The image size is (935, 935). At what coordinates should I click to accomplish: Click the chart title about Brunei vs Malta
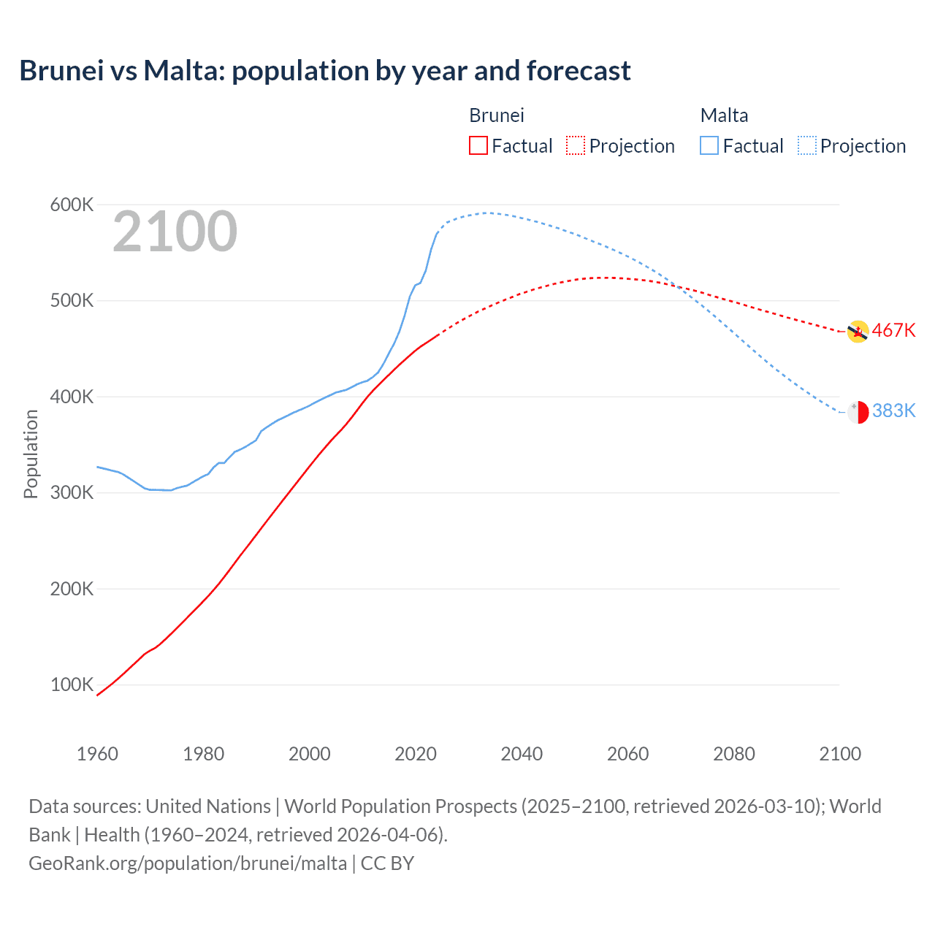(x=325, y=71)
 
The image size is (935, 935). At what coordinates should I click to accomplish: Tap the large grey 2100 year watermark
(x=175, y=232)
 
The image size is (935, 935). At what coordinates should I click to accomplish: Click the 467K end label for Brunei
(x=893, y=330)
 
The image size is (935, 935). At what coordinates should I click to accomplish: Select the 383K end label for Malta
(x=893, y=411)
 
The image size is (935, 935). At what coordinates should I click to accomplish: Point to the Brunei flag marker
(x=858, y=332)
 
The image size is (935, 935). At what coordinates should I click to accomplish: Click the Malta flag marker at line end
(x=858, y=412)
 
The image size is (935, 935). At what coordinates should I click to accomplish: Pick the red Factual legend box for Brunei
(x=478, y=145)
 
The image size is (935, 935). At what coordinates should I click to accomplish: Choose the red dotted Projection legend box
(x=576, y=145)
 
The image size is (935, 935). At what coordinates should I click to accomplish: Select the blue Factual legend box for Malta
(x=709, y=145)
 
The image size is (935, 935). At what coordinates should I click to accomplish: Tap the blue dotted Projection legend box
(x=807, y=145)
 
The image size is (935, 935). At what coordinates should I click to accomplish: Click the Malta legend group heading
(x=724, y=115)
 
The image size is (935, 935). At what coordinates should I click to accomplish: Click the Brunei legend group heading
(x=497, y=115)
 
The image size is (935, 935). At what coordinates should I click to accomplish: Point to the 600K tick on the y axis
(x=72, y=205)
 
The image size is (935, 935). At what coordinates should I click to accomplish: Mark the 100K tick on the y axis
(x=72, y=684)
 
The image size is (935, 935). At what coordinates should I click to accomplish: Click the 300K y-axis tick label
(x=72, y=492)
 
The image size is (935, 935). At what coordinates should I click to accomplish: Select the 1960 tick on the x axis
(x=97, y=754)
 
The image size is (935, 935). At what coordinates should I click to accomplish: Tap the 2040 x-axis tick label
(x=522, y=754)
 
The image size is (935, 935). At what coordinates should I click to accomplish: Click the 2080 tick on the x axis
(x=734, y=754)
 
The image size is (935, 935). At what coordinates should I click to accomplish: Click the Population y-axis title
(x=31, y=454)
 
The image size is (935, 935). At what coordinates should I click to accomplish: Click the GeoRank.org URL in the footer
(x=188, y=863)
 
